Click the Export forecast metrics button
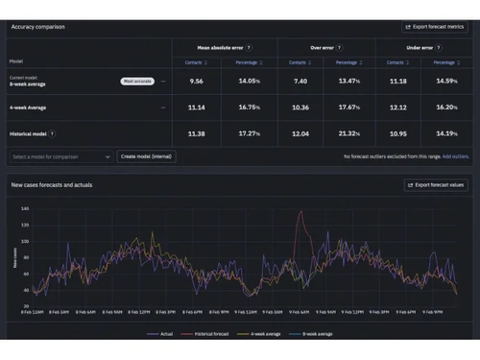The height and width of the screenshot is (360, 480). click(434, 27)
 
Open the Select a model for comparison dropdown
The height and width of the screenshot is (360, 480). click(61, 156)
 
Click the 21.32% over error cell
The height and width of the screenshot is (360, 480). click(348, 133)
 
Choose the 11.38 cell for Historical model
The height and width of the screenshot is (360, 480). click(197, 133)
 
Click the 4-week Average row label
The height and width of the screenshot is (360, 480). click(30, 108)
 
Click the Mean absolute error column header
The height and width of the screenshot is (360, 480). click(222, 45)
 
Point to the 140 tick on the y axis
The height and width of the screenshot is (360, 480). click(25, 208)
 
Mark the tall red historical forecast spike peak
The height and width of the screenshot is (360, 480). click(300, 213)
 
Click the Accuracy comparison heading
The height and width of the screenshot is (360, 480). click(38, 27)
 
